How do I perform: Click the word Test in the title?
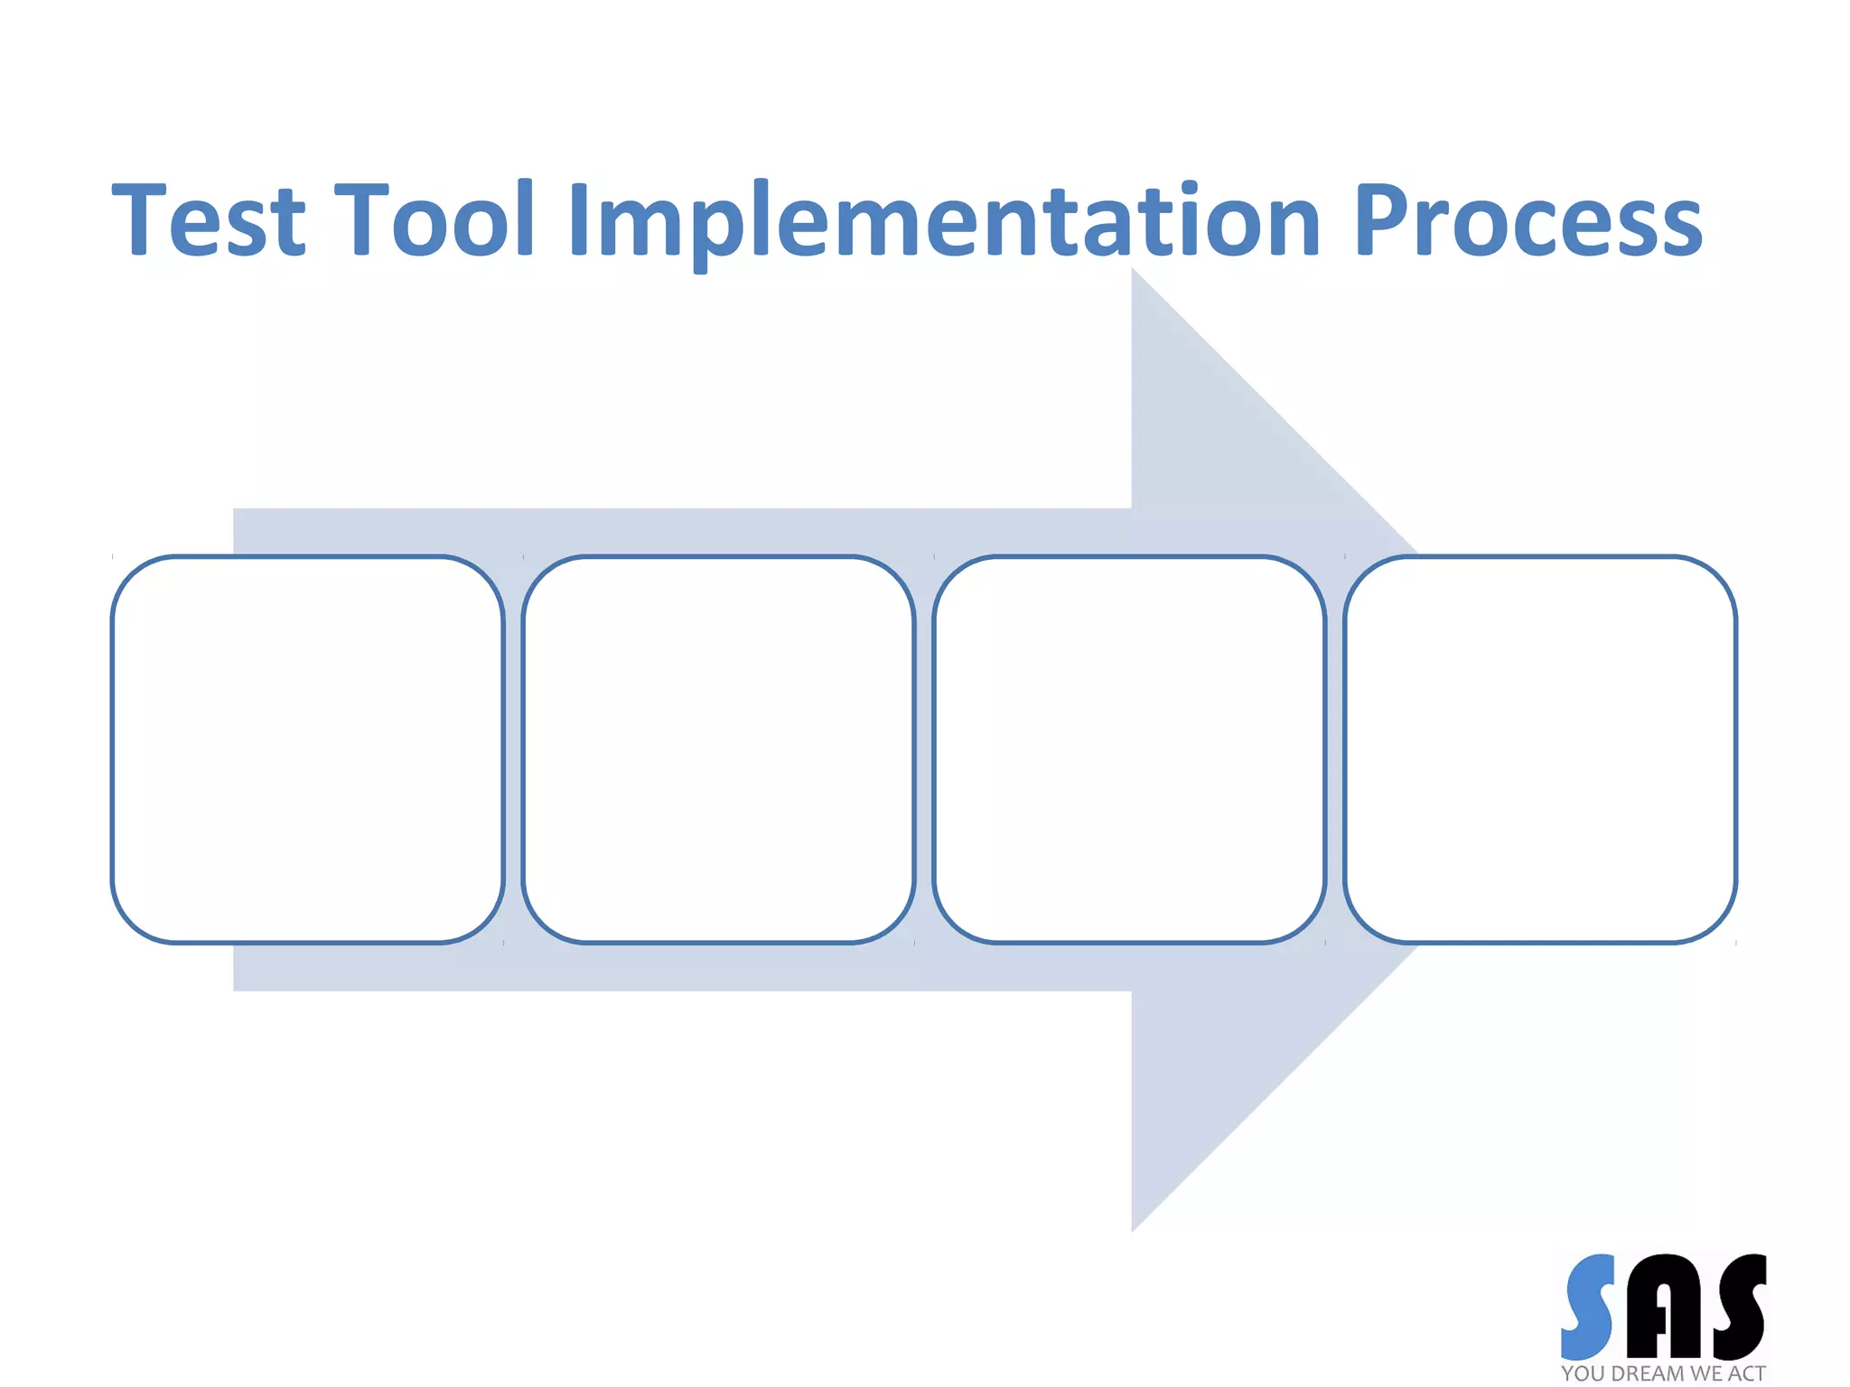coord(210,219)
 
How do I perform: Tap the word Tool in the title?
coord(435,219)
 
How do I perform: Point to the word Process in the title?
coord(1528,219)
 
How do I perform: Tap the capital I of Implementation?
coord(579,219)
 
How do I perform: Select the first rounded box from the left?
coord(307,749)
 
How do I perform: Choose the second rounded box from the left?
coord(718,749)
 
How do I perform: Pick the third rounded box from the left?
coord(1129,749)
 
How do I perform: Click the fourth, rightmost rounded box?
coord(1540,749)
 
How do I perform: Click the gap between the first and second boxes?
coord(513,749)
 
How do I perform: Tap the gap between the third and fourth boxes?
coord(1335,749)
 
